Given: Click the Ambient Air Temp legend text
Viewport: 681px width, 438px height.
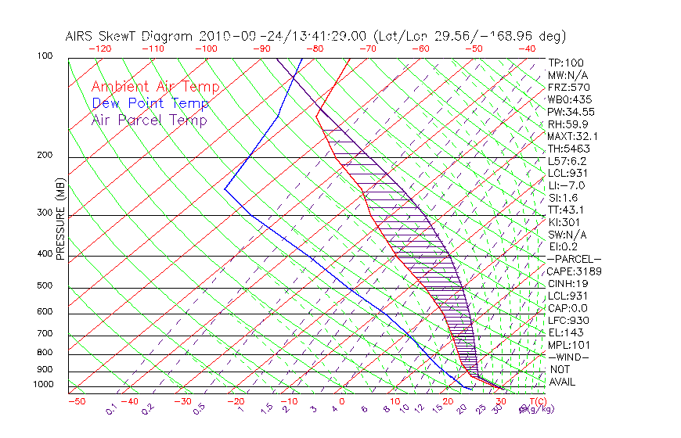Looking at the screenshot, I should [155, 87].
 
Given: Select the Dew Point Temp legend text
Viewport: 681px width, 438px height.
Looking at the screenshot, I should [150, 103].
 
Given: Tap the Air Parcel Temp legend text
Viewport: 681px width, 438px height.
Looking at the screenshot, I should [149, 120].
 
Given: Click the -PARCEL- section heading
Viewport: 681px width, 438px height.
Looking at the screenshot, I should [574, 259].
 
